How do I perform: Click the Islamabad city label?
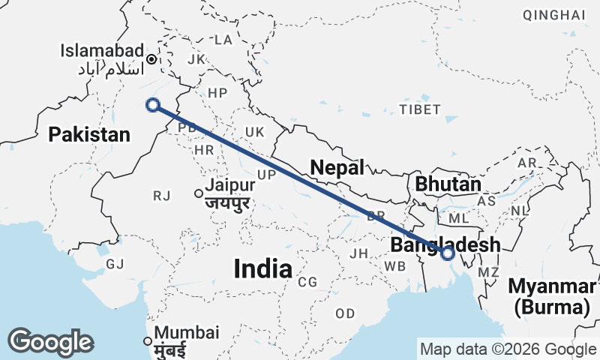[103, 50]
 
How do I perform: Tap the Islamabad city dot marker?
[151, 58]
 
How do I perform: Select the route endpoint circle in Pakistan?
[153, 105]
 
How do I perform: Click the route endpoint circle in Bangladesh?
[448, 253]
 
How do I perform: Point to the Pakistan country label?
[89, 135]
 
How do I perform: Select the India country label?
[262, 268]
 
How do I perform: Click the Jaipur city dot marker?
[199, 193]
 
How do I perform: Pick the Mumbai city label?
[187, 332]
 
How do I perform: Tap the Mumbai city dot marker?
[148, 341]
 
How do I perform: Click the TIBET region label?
[420, 109]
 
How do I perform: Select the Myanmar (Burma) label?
[552, 296]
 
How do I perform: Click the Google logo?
[50, 342]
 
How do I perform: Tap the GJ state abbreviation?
[115, 264]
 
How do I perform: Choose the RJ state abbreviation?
[162, 196]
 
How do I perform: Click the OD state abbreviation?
[346, 313]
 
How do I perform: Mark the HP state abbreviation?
[217, 93]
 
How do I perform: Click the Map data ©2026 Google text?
[508, 349]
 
